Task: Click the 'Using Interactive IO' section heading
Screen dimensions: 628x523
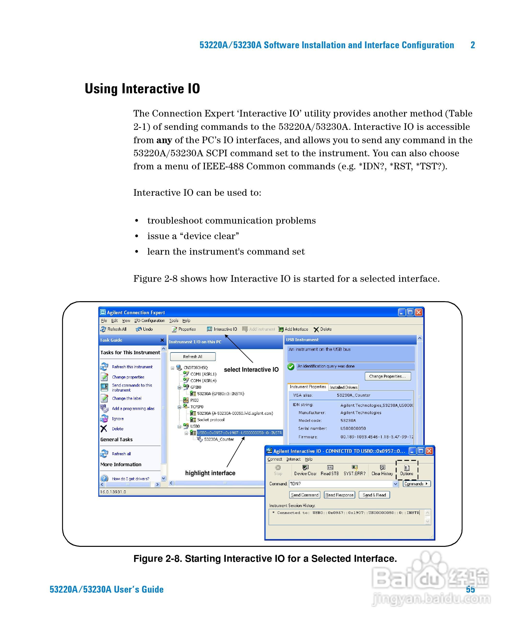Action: (142, 89)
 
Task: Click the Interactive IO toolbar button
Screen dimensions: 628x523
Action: (222, 329)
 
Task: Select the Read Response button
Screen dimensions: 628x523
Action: (339, 495)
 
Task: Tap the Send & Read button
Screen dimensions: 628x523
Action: (374, 495)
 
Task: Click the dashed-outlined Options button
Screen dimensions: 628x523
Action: (407, 470)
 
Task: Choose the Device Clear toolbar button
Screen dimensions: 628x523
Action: (305, 470)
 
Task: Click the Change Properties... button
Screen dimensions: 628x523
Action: (388, 376)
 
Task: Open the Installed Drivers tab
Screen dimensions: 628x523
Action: (343, 387)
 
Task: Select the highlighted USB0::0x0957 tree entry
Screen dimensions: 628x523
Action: (239, 433)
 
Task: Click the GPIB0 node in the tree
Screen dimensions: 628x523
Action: (196, 387)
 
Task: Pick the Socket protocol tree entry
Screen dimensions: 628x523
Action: (211, 420)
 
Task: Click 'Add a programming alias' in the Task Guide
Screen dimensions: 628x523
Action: (133, 408)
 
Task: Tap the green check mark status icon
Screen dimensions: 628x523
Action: (291, 367)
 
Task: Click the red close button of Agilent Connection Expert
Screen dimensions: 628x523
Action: (419, 312)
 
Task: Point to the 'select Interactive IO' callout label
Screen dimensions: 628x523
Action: (251, 370)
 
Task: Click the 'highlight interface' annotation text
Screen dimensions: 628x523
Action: (210, 473)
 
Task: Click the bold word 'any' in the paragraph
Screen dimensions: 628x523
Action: (164, 140)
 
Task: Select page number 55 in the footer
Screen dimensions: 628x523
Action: (470, 589)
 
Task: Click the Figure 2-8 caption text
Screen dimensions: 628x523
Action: (265, 559)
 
